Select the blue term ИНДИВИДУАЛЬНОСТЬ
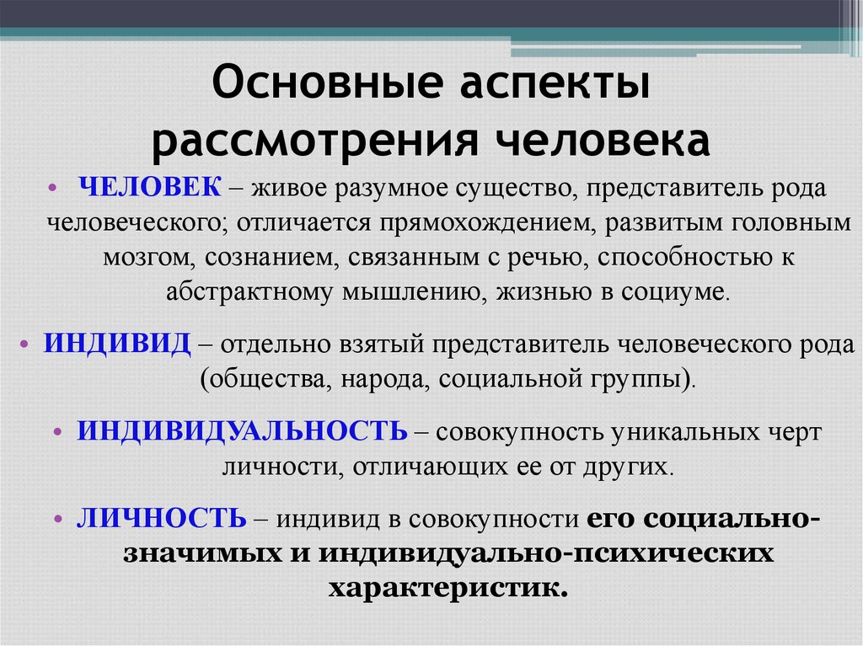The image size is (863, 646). [x=243, y=430]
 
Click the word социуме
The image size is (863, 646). [x=678, y=291]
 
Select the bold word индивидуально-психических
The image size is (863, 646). [x=544, y=553]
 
